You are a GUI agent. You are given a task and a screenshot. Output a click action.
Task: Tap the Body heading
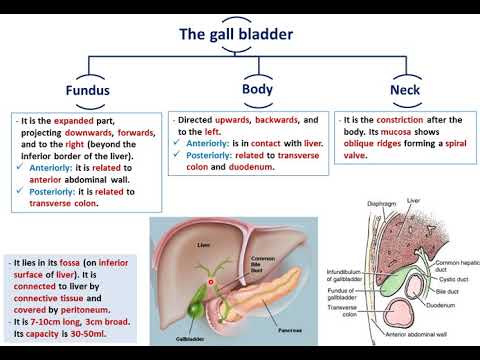[257, 89]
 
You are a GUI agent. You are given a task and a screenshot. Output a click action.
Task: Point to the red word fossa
[64, 261]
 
